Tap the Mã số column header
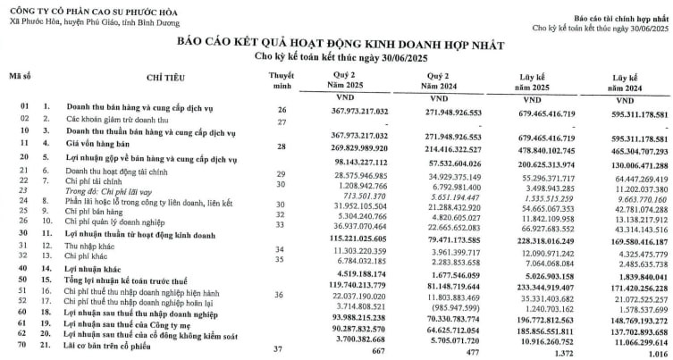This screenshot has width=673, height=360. click(x=21, y=76)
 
